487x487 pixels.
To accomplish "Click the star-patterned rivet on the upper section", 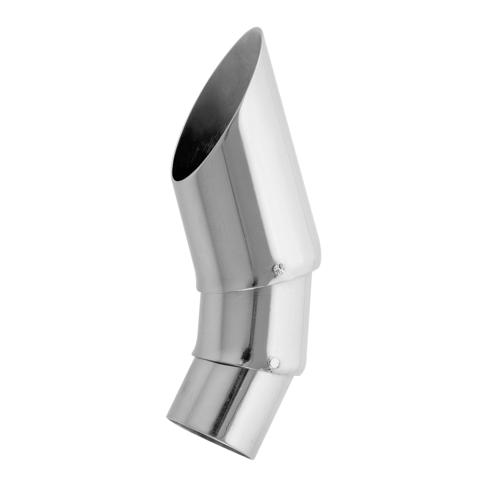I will pyautogui.click(x=279, y=269).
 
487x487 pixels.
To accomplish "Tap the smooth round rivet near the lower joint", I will pyautogui.click(x=273, y=363).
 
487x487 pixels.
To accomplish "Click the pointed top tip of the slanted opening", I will pyautogui.click(x=259, y=29).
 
